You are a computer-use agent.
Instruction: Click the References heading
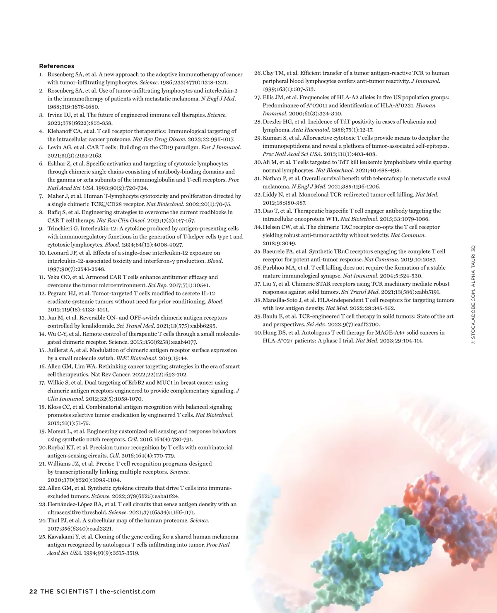pyautogui.click(x=57, y=66)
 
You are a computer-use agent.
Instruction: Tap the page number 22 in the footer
pyautogui.click(x=33, y=591)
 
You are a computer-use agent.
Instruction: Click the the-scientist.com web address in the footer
pyautogui.click(x=128, y=591)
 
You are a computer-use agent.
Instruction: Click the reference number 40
pyautogui.click(x=258, y=333)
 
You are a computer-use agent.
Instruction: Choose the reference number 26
pyautogui.click(x=258, y=73)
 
